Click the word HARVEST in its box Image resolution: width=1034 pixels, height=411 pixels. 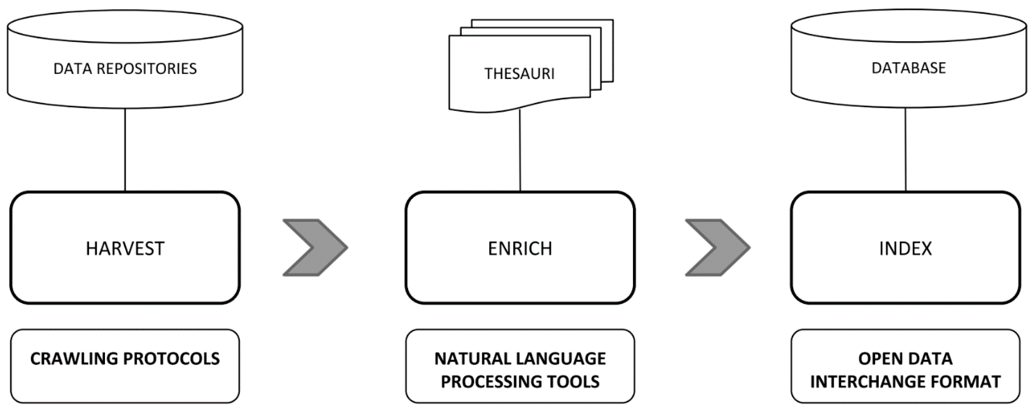point(125,248)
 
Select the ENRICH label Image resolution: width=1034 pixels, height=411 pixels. point(520,248)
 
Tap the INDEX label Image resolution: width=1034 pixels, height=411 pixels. point(905,248)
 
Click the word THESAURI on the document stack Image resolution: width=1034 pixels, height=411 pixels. point(520,74)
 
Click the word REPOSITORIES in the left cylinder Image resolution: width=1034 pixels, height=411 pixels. point(146,69)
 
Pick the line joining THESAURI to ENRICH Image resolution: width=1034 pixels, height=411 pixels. point(520,151)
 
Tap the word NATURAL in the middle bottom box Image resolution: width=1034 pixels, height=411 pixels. point(466,359)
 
